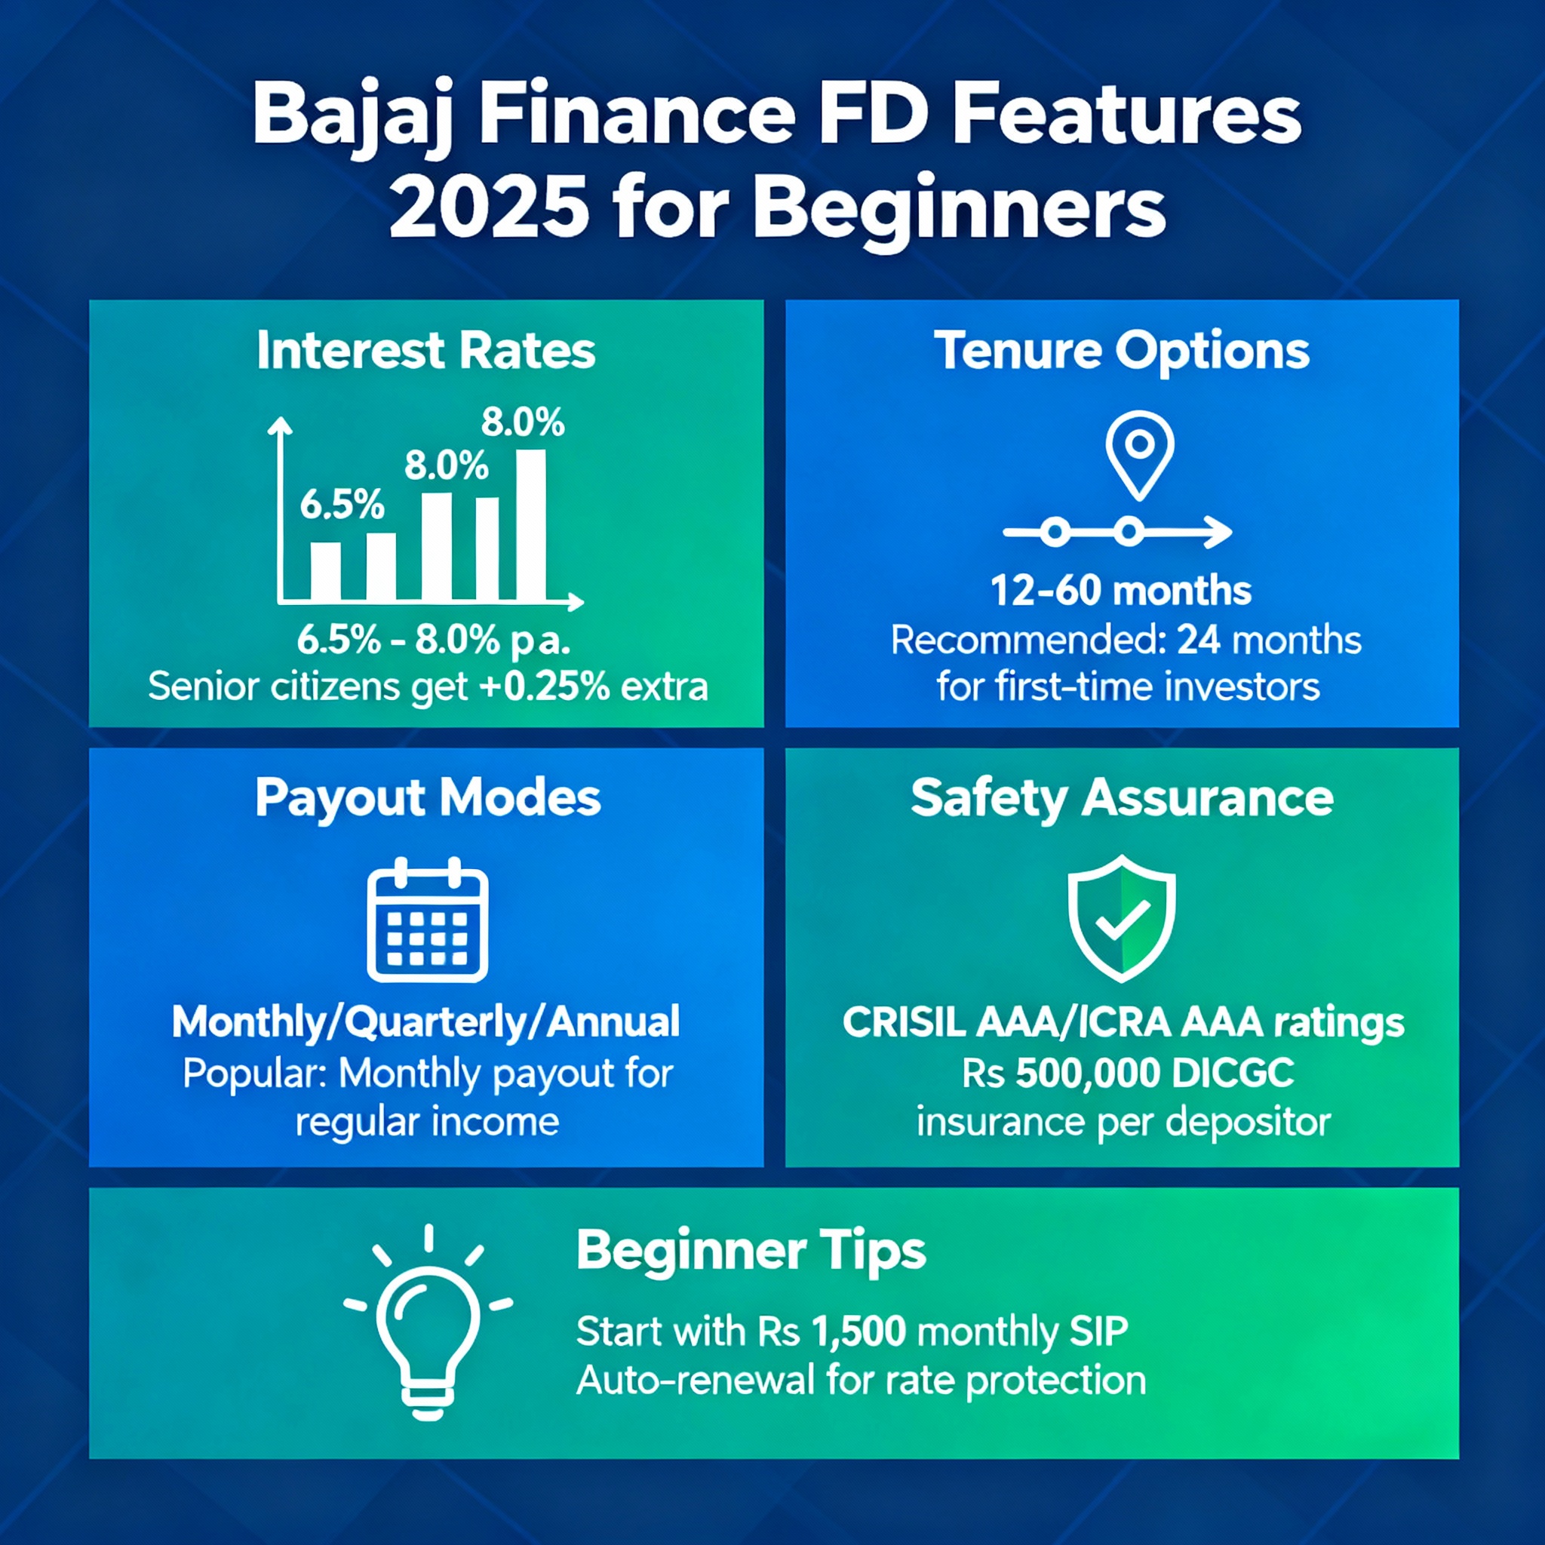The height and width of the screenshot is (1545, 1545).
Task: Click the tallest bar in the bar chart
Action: click(531, 524)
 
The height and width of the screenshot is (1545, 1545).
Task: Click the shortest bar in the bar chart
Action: click(325, 571)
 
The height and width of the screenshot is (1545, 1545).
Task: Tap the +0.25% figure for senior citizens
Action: click(545, 686)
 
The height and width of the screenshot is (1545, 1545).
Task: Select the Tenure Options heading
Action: click(1122, 352)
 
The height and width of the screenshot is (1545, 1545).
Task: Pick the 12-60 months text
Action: click(1121, 591)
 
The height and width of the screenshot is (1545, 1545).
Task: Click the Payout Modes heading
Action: click(428, 799)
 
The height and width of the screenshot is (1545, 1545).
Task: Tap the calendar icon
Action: click(427, 919)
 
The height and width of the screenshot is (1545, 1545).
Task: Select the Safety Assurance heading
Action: click(1122, 798)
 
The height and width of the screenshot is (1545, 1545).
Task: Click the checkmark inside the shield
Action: click(1122, 920)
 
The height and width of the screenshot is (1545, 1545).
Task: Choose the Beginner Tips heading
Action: click(751, 1252)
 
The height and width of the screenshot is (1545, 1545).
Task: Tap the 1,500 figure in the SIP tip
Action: click(859, 1332)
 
